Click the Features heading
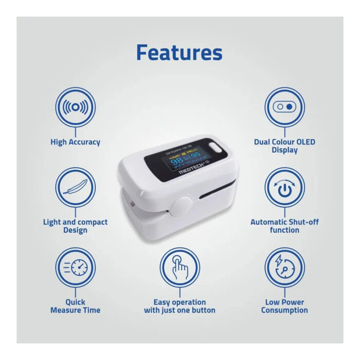pos(179,53)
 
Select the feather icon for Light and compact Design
pos(75,187)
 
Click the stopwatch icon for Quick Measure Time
pos(75,268)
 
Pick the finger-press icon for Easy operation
pos(179,268)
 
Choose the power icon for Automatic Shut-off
pos(284,187)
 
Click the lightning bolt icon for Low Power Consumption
pos(284,268)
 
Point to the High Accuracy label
pos(75,142)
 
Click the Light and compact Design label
pos(75,226)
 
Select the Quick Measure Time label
pos(75,306)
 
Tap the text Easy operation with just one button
pos(179,306)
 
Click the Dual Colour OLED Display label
pos(284,146)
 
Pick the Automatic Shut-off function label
pos(284,226)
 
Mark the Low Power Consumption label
pos(284,306)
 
